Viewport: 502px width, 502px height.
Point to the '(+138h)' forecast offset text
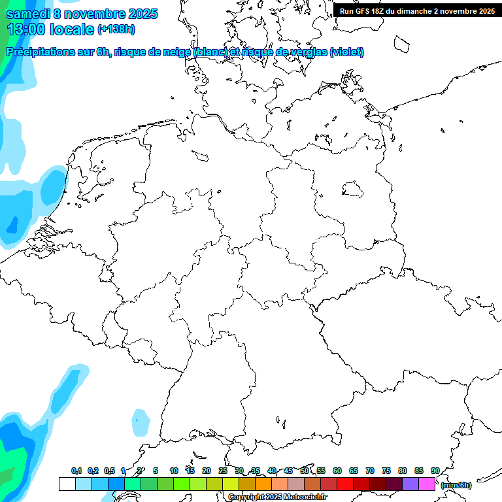[x=116, y=29]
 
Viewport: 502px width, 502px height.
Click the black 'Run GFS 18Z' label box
[x=416, y=10]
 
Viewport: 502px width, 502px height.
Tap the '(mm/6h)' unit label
[x=456, y=485]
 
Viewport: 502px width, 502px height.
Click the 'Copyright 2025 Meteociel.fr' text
[x=277, y=497]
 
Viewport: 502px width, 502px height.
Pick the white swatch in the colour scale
[x=67, y=484]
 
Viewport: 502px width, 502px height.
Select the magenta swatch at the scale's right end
[x=427, y=484]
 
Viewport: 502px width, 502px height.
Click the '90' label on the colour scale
[x=435, y=471]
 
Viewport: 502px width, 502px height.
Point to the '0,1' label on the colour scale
[x=76, y=471]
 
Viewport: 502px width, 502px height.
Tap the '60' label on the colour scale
[x=337, y=471]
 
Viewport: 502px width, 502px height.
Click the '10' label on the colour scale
[x=174, y=471]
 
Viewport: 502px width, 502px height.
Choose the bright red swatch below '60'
[x=345, y=484]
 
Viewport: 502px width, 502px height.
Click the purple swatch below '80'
[x=410, y=484]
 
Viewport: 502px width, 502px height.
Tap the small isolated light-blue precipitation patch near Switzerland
[x=140, y=423]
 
